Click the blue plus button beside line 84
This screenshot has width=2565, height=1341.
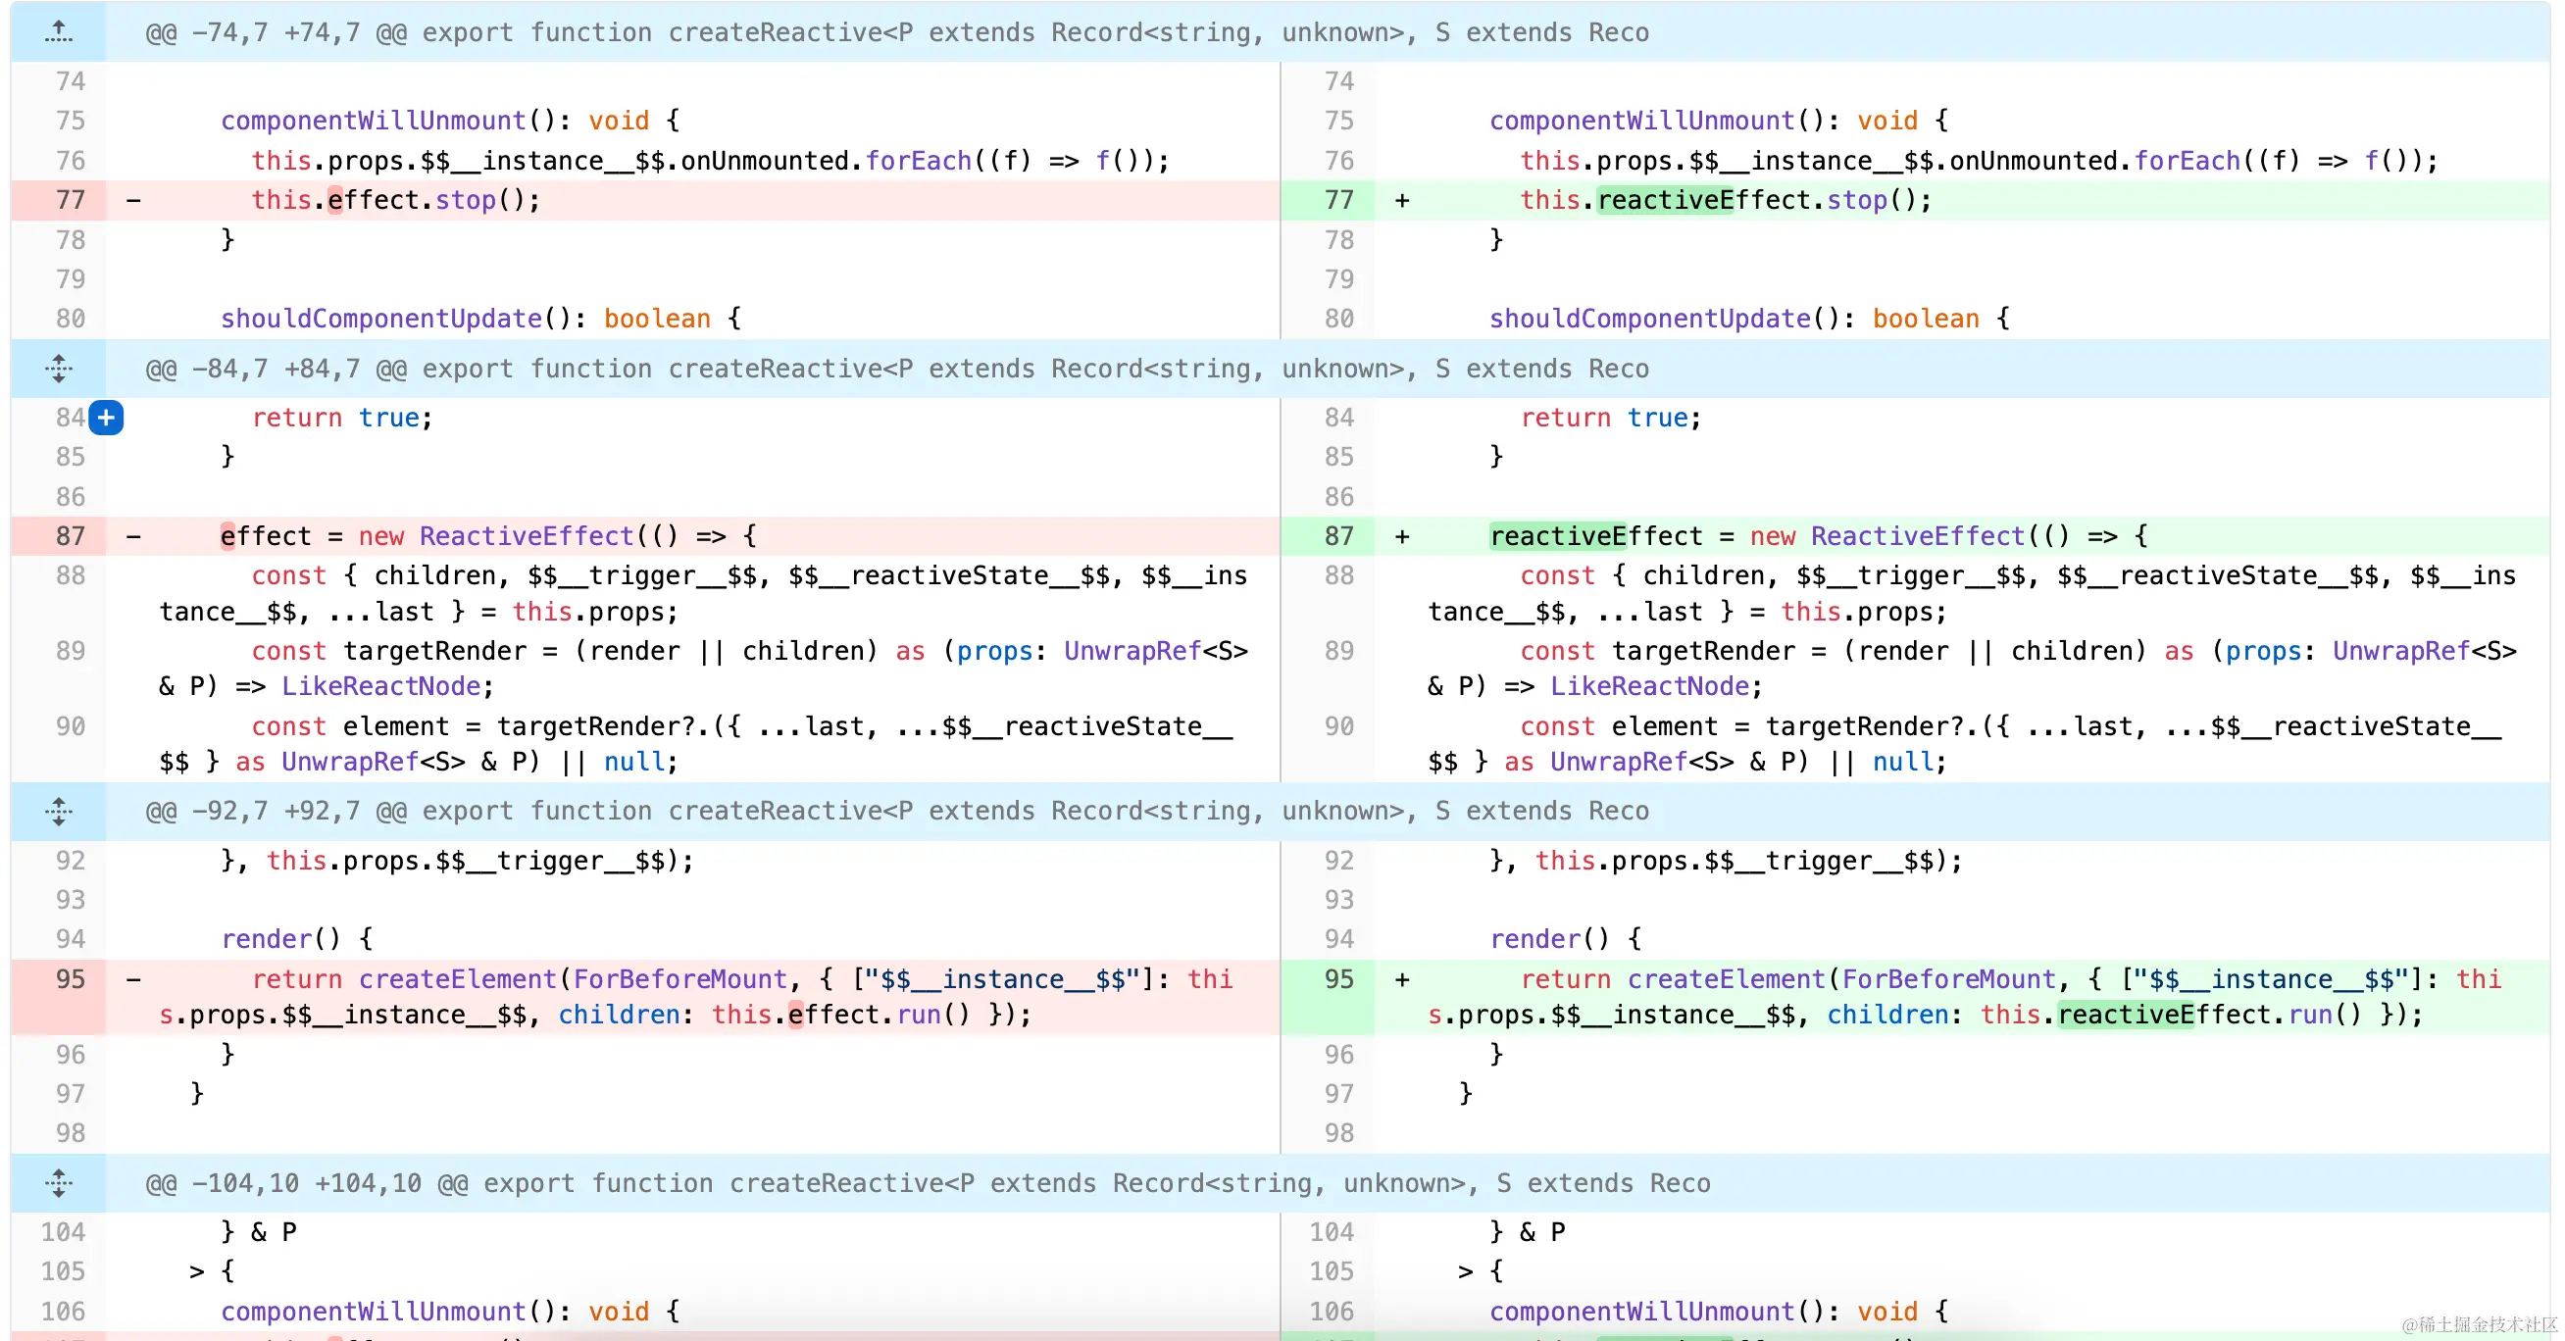107,418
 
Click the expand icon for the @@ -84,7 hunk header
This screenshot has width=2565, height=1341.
59,369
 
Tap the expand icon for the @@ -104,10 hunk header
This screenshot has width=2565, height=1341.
59,1183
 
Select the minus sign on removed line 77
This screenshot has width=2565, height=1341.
133,200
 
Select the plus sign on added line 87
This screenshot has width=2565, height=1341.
1402,536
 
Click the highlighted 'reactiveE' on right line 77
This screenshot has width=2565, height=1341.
1665,200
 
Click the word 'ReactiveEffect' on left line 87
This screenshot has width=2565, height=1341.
526,536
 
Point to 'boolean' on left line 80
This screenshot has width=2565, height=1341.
657,319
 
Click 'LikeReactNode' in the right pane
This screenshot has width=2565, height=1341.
1649,686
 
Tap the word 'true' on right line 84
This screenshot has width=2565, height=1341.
1657,418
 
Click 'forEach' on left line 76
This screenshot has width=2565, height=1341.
918,161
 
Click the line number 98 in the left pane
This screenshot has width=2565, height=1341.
71,1133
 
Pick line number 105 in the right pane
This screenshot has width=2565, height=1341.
1332,1271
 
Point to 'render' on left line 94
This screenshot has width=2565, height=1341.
266,939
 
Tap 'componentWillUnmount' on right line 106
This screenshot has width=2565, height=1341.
1641,1312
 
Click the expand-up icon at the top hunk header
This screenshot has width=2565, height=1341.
59,31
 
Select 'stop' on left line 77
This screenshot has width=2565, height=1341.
465,200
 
